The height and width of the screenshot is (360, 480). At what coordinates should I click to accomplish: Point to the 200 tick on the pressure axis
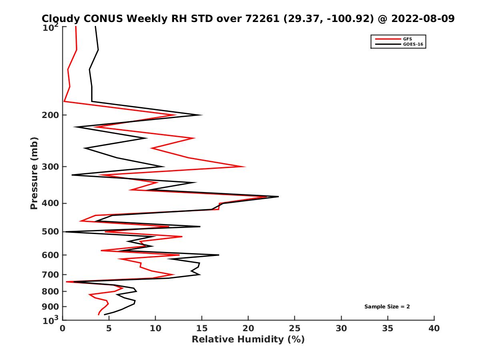pyautogui.click(x=50, y=115)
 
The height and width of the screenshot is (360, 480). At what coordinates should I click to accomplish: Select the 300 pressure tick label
pyautogui.click(x=50, y=167)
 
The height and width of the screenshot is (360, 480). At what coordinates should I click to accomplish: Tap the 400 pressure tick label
pyautogui.click(x=50, y=203)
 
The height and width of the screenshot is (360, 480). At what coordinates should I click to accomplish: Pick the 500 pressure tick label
pyautogui.click(x=50, y=232)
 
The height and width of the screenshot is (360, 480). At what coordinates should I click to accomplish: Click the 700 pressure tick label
pyautogui.click(x=50, y=274)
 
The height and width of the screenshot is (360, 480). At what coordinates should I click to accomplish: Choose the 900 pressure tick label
pyautogui.click(x=50, y=307)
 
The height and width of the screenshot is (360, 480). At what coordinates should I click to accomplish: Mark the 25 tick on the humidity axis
pyautogui.click(x=295, y=328)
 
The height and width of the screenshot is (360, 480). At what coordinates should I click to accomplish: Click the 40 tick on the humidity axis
pyautogui.click(x=434, y=328)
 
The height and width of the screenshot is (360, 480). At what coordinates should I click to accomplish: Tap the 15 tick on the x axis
pyautogui.click(x=202, y=328)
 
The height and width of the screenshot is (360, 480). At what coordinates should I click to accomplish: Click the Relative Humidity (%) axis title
pyautogui.click(x=248, y=340)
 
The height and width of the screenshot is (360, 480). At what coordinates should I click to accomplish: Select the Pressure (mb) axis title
pyautogui.click(x=34, y=173)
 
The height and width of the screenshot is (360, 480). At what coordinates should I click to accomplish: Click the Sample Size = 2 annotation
pyautogui.click(x=387, y=307)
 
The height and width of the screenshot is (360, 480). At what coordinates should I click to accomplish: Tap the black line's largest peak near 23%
pyautogui.click(x=278, y=196)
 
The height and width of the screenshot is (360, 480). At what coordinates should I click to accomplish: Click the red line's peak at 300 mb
pyautogui.click(x=245, y=167)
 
